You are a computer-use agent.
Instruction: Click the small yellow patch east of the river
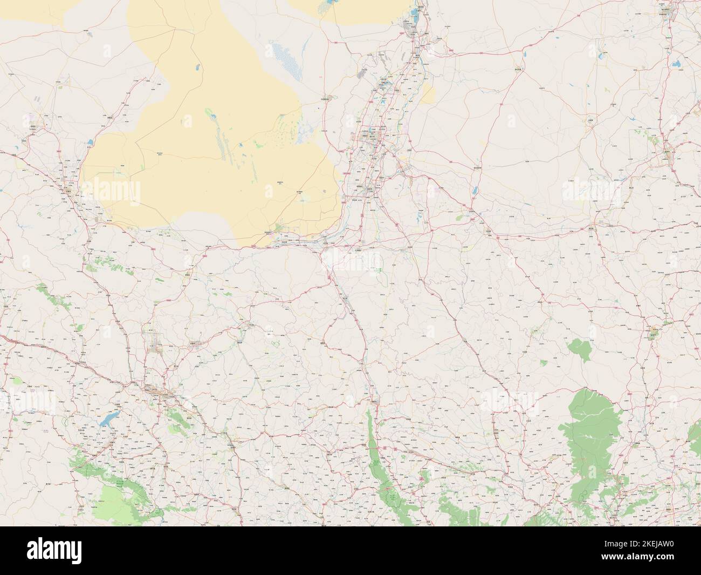coord(428,94)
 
